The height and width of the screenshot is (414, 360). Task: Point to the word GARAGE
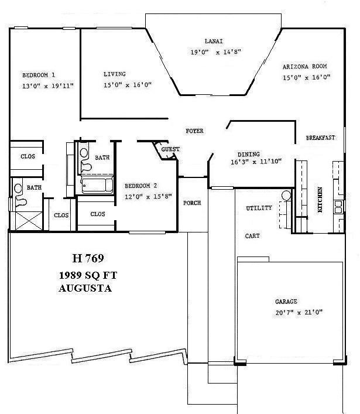(x=287, y=302)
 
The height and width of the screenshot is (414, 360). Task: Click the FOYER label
(x=194, y=131)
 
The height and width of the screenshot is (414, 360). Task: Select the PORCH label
(x=192, y=203)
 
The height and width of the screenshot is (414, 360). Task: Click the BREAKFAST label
(x=321, y=138)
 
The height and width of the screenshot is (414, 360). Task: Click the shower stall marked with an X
(x=26, y=220)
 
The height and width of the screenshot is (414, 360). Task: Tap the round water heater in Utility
(x=286, y=196)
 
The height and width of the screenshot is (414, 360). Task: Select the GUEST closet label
(x=170, y=149)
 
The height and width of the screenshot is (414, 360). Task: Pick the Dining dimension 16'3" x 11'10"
(x=252, y=162)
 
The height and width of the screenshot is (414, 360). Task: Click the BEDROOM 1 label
(x=39, y=75)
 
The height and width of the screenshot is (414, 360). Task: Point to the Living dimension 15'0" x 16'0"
(x=128, y=85)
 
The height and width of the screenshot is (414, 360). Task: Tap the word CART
(x=252, y=236)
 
